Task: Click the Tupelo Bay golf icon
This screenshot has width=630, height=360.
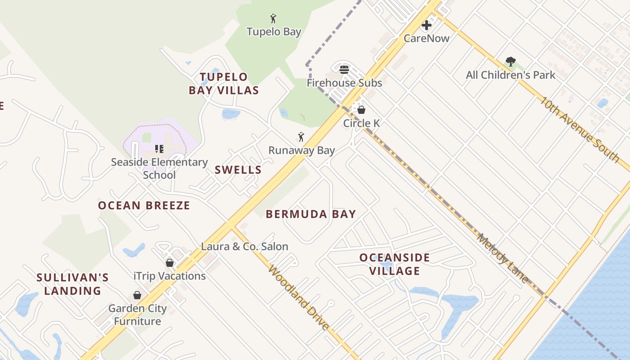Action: (273, 18)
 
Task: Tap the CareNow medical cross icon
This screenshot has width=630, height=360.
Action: (426, 25)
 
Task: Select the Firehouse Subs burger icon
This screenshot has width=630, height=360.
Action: (344, 70)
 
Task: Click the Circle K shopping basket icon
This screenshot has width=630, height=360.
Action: (361, 110)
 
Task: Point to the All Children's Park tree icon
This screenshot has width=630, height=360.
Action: (510, 62)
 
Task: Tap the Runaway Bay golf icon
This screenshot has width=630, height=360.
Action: (301, 137)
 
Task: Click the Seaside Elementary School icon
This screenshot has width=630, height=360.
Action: (159, 148)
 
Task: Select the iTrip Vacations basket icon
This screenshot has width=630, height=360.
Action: (170, 263)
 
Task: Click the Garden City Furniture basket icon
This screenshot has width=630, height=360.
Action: (137, 295)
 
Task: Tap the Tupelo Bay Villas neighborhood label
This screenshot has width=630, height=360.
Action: (224, 84)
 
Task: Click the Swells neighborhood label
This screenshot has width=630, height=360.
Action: (238, 170)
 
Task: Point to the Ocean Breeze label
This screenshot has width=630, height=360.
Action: (144, 206)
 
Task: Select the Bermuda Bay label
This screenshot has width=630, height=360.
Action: (310, 214)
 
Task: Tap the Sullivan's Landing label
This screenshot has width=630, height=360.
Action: (72, 284)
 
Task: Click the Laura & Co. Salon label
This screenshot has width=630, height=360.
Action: (244, 247)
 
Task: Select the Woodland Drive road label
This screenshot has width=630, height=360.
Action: (299, 297)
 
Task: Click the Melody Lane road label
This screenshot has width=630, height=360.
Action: (503, 258)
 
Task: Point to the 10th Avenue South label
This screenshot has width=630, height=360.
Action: (580, 129)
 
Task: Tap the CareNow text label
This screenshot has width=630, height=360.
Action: (426, 38)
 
